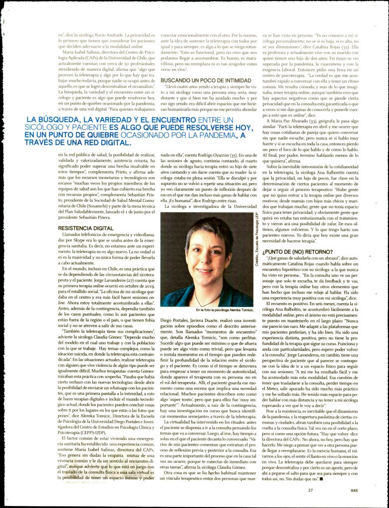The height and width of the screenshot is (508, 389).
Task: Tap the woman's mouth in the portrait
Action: click(x=205, y=271)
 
